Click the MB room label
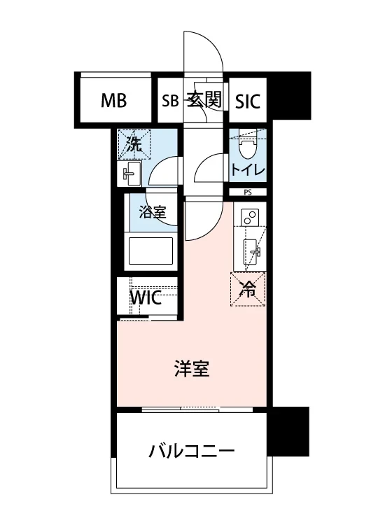pos(113,101)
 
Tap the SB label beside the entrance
pos(170,101)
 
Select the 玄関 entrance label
pos(204,100)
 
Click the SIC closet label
pos(247,101)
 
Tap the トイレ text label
pos(247,169)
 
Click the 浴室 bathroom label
pos(152,213)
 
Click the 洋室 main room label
pos(192,368)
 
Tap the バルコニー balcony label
pos(191,450)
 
